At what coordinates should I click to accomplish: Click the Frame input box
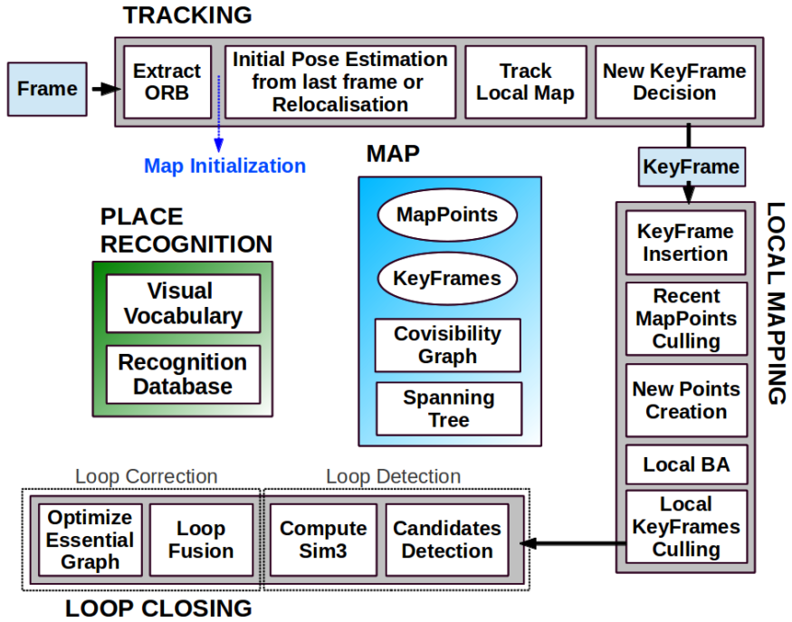pyautogui.click(x=47, y=89)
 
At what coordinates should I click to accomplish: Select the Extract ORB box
pyautogui.click(x=167, y=81)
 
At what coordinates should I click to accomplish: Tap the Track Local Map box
pyautogui.click(x=525, y=81)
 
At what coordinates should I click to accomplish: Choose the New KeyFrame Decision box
pyautogui.click(x=674, y=81)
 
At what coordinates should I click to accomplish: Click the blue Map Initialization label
pyautogui.click(x=224, y=166)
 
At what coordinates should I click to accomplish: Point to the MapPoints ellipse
pyautogui.click(x=446, y=215)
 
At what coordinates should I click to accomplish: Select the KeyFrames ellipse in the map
pyautogui.click(x=446, y=278)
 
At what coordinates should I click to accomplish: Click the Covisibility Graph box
pyautogui.click(x=447, y=345)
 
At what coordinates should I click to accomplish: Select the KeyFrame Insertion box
pyautogui.click(x=685, y=243)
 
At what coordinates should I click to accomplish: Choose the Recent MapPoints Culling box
pyautogui.click(x=685, y=319)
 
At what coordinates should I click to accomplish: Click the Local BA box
pyautogui.click(x=685, y=465)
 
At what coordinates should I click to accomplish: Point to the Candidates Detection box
pyautogui.click(x=446, y=540)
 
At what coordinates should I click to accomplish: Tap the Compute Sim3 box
pyautogui.click(x=323, y=540)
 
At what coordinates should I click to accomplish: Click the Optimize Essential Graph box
pyautogui.click(x=90, y=540)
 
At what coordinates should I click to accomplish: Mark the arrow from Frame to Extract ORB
pyautogui.click(x=103, y=89)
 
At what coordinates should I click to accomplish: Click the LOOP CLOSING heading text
pyautogui.click(x=158, y=608)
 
